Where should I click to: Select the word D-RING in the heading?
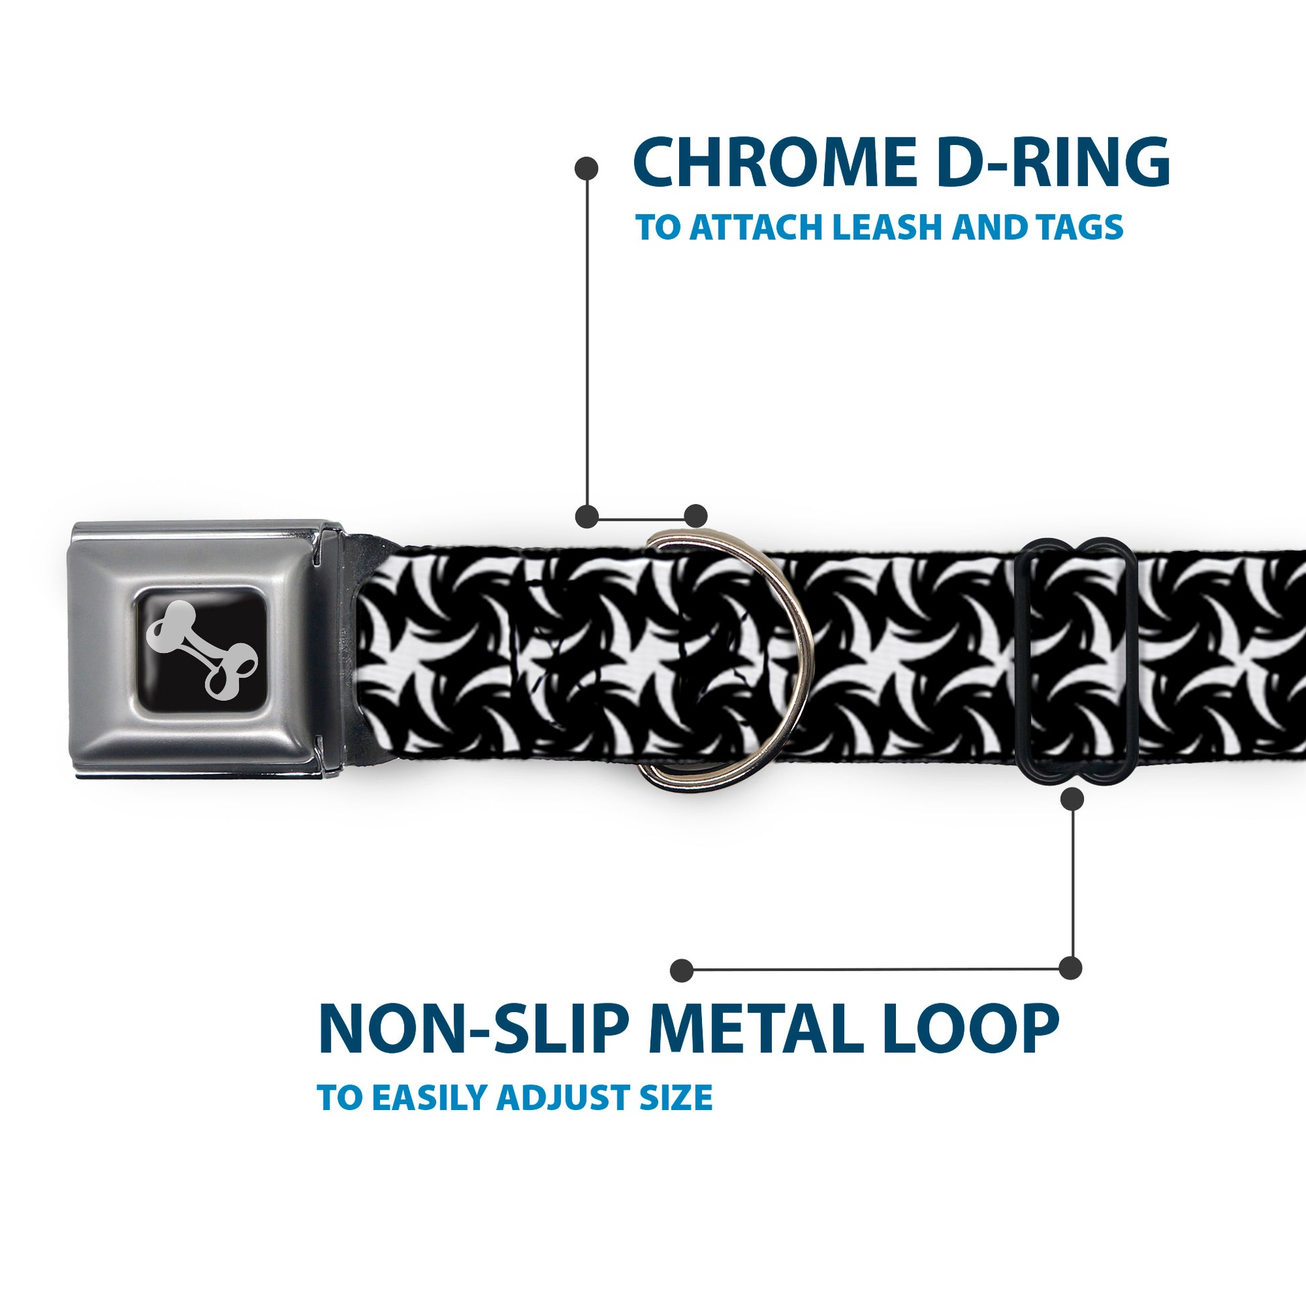(1056, 162)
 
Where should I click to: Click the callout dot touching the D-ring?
(695, 515)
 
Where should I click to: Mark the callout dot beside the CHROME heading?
(586, 168)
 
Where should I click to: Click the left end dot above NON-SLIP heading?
(682, 970)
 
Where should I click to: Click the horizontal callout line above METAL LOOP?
(876, 969)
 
